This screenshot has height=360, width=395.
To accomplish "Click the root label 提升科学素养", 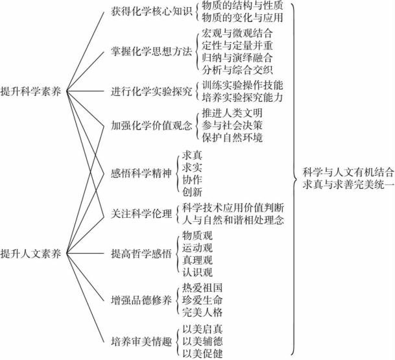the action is coord(30,91).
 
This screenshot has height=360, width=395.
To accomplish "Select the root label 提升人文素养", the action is coord(30,254).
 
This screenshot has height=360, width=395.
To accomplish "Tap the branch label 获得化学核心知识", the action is coord(152,11).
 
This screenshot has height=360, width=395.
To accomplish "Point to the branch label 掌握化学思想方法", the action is coord(152,51).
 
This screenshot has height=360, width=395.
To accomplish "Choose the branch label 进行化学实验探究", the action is coord(152,91).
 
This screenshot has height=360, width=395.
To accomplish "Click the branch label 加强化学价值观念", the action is coord(152,125).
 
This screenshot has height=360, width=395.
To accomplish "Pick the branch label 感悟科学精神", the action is coord(141,173).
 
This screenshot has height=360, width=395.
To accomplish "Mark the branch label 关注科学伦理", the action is coord(141,214).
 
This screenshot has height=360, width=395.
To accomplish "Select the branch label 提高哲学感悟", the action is coord(141,254).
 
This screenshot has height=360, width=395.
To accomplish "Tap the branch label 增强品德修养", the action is coord(141,300).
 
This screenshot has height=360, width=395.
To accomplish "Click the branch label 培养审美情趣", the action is coord(141,342).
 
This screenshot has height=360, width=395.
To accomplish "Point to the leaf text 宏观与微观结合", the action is coord(237,33).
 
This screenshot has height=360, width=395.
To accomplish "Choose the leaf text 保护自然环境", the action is coord(232,138).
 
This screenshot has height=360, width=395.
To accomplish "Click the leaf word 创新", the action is coord(192,192).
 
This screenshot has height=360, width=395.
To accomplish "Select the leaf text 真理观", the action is coord(197,259).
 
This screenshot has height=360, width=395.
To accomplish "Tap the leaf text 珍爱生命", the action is coord(202,300).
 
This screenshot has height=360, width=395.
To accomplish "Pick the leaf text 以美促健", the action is coord(202,354).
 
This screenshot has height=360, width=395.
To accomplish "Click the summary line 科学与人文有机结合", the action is coord(348,173).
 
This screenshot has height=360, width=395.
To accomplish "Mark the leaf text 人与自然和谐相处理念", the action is coord(233,220).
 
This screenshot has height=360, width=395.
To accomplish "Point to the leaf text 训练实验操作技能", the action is coord(243,85).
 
